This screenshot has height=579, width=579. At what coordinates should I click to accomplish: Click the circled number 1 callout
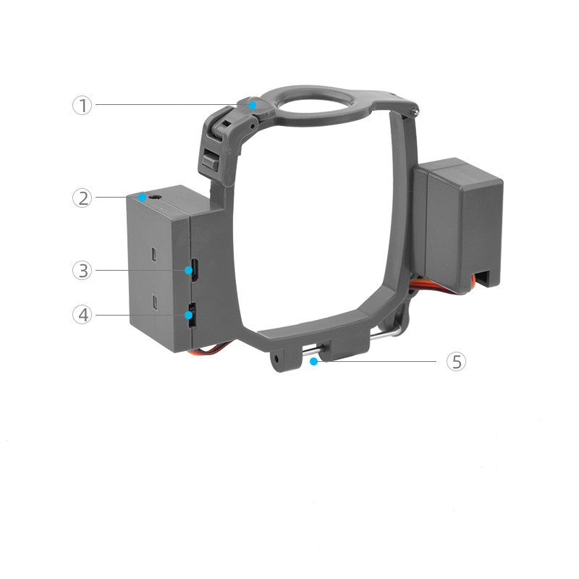(x=83, y=105)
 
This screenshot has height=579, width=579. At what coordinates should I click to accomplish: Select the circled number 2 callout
(x=83, y=198)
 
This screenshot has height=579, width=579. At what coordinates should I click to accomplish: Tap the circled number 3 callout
(x=83, y=270)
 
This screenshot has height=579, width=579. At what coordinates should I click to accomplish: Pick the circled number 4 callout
(x=83, y=315)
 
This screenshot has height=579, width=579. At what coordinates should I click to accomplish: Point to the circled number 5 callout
(x=456, y=361)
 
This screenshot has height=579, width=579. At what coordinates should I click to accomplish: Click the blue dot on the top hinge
(x=252, y=105)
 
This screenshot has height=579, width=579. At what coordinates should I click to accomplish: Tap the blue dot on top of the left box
(x=144, y=197)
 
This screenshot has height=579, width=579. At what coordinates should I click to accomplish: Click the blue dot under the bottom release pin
(x=313, y=361)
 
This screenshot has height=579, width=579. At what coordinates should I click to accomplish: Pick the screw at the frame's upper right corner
(x=413, y=111)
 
